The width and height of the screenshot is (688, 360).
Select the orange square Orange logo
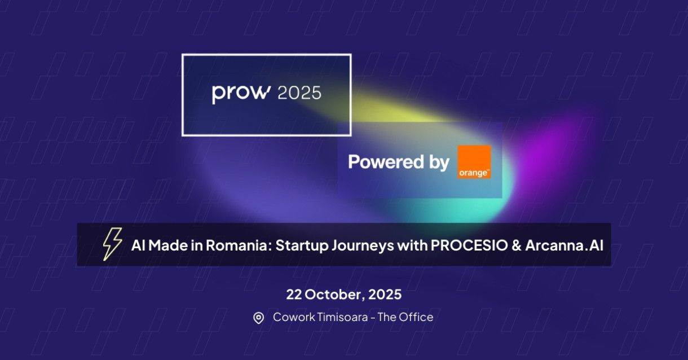pyautogui.click(x=474, y=162)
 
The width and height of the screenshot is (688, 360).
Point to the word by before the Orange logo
pyautogui.click(x=435, y=163)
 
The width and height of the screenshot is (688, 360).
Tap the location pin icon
pyautogui.click(x=258, y=318)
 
